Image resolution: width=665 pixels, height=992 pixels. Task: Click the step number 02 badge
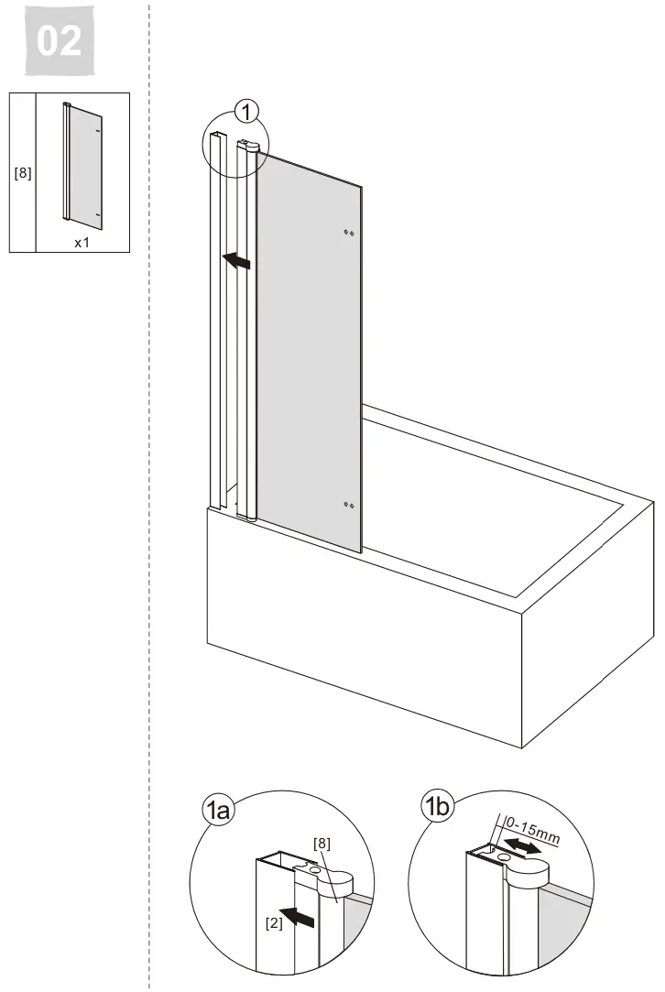pyautogui.click(x=60, y=40)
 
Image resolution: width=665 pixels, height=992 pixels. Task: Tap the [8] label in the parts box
pyautogui.click(x=23, y=172)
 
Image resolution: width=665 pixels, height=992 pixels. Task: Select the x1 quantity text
pyautogui.click(x=82, y=243)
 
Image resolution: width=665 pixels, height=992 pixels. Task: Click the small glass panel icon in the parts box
pyautogui.click(x=82, y=162)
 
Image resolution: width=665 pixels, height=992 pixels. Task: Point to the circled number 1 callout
pyautogui.click(x=246, y=112)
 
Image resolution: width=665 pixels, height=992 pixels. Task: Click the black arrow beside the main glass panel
pyautogui.click(x=236, y=260)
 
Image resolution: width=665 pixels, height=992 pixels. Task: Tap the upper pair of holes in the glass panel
pyautogui.click(x=349, y=233)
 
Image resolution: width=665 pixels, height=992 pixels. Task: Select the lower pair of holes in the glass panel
pyautogui.click(x=349, y=505)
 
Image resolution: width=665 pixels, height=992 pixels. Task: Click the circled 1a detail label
pyautogui.click(x=217, y=811)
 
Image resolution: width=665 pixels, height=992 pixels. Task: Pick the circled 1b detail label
pyautogui.click(x=437, y=807)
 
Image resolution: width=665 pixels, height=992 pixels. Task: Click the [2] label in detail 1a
pyautogui.click(x=274, y=923)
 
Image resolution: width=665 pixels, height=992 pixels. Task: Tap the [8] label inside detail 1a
pyautogui.click(x=322, y=844)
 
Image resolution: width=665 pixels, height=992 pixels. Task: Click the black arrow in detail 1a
pyautogui.click(x=297, y=916)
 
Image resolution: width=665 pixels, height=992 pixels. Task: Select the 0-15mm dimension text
pyautogui.click(x=533, y=831)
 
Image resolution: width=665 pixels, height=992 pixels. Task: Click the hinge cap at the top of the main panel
pyautogui.click(x=248, y=146)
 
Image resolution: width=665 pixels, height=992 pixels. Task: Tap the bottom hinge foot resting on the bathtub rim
pyautogui.click(x=245, y=517)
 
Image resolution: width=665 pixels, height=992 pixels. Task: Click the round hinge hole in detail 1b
pyautogui.click(x=504, y=858)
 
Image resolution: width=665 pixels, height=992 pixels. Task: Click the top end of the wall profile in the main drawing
pyautogui.click(x=218, y=136)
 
